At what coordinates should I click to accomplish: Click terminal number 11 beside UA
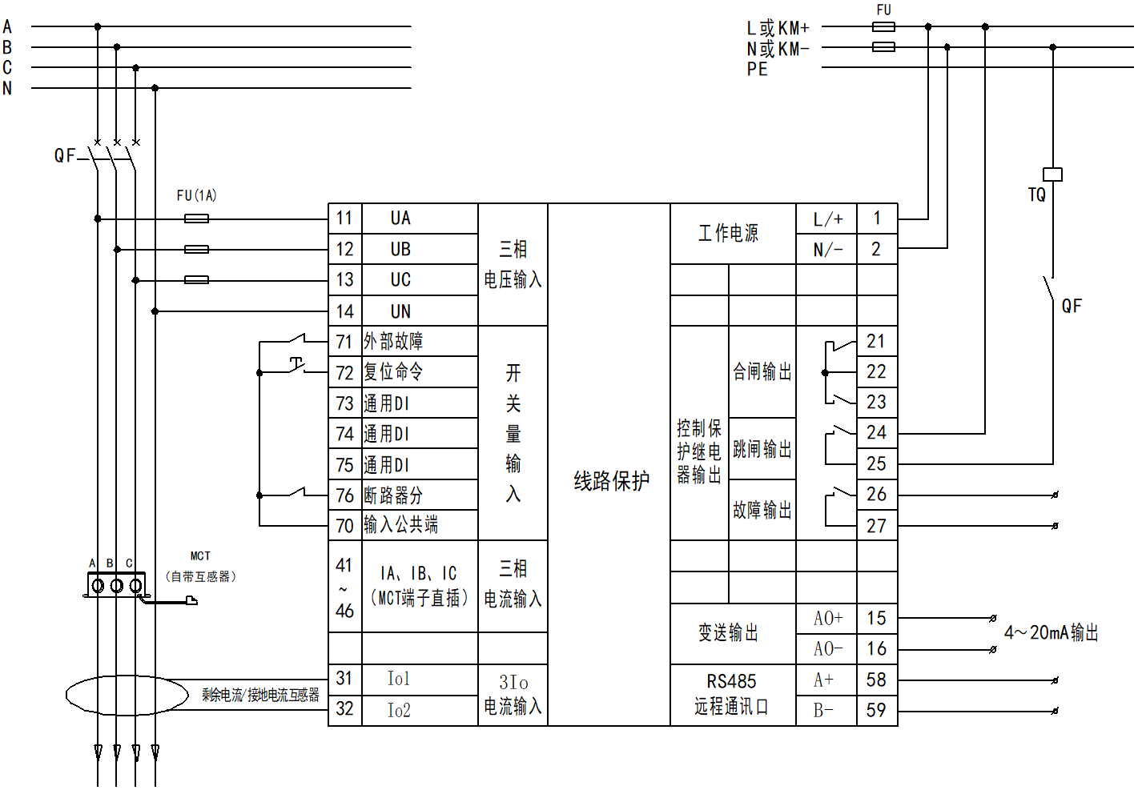(344, 219)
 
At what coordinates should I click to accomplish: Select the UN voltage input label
(400, 311)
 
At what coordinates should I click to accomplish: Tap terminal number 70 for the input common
(344, 526)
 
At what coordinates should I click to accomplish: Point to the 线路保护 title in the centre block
(611, 481)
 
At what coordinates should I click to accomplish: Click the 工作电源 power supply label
(728, 233)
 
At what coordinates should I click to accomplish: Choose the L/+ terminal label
(827, 219)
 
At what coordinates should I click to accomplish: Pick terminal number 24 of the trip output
(876, 433)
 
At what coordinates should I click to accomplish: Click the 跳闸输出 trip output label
(762, 449)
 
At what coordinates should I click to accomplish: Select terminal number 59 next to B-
(876, 710)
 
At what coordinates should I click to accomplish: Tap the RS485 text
(731, 682)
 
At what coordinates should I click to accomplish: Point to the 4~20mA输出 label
(1051, 633)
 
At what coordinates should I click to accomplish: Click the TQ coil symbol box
(1052, 174)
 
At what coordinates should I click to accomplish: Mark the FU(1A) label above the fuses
(196, 195)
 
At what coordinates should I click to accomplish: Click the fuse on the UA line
(196, 219)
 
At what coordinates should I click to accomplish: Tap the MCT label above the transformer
(200, 555)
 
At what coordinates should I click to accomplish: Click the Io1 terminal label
(398, 680)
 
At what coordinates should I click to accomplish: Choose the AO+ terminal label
(828, 618)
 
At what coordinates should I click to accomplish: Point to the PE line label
(757, 70)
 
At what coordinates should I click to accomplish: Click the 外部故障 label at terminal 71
(393, 342)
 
